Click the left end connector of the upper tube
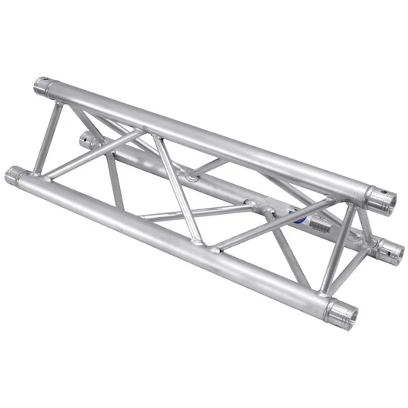(x=45, y=85)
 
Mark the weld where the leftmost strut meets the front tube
(x=35, y=171)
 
